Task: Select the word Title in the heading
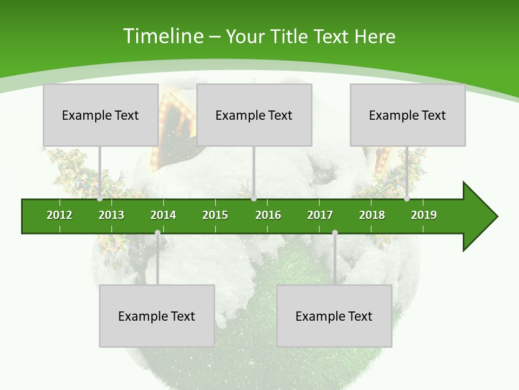coord(289,36)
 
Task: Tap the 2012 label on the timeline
coord(59,215)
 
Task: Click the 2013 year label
coord(111,215)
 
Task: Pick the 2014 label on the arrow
coord(163,215)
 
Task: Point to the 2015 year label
coord(215,215)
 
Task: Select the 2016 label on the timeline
coord(268,215)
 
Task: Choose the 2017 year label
coord(320,215)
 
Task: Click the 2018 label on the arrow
coord(372,215)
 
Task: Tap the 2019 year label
coord(424,215)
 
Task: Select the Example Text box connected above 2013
coord(101,115)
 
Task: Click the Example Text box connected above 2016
coord(254,115)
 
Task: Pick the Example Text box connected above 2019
coord(408,115)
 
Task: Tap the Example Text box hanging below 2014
coord(157,316)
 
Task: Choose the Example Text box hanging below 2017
coord(334,316)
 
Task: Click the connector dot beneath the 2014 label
coord(157,233)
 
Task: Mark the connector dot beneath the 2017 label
coord(335,233)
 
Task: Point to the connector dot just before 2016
coord(254,199)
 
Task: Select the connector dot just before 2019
coord(407,199)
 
